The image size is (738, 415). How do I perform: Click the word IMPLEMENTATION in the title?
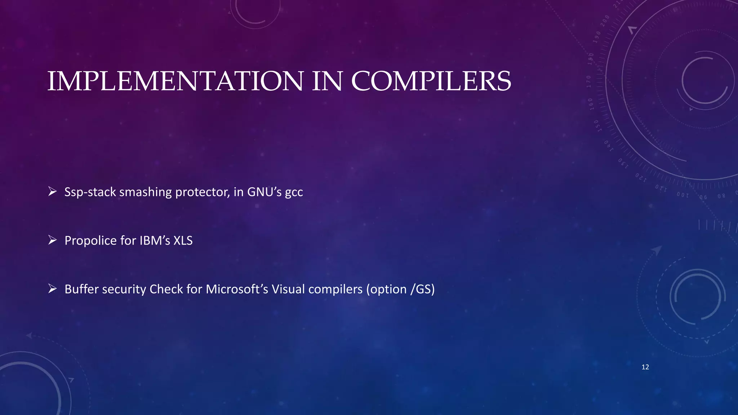[x=175, y=81]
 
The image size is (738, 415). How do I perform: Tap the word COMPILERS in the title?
[x=431, y=81]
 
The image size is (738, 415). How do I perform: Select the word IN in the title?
[x=327, y=81]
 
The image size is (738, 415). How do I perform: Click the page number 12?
[x=645, y=367]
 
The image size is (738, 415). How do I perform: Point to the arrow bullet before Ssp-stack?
[x=53, y=192]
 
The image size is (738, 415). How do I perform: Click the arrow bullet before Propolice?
[x=53, y=240]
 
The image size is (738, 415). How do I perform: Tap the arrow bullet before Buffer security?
[x=53, y=289]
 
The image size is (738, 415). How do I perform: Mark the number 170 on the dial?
[x=589, y=82]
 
